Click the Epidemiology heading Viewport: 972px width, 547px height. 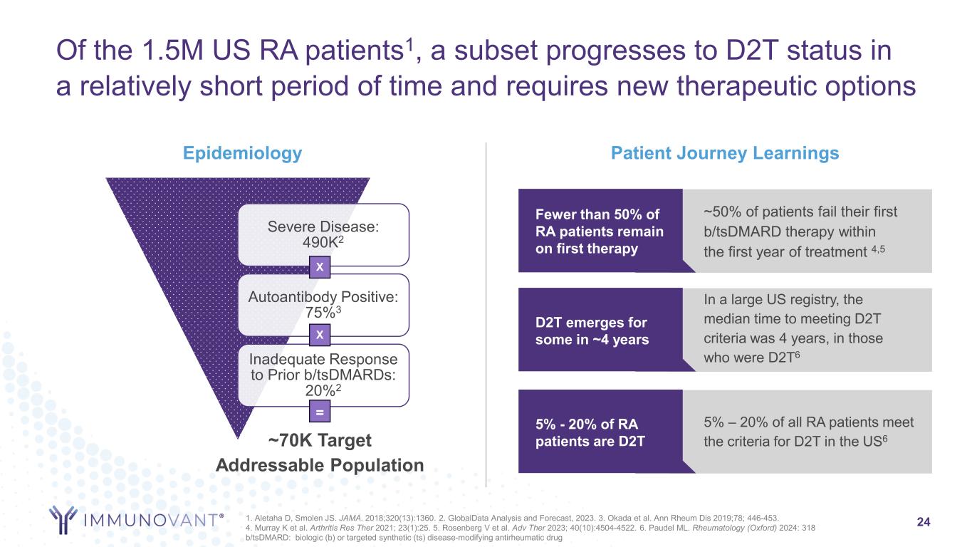pos(242,154)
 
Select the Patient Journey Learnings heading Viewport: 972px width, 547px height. pos(725,153)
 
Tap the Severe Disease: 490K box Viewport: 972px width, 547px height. pos(323,234)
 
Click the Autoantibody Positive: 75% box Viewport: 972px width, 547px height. pos(323,305)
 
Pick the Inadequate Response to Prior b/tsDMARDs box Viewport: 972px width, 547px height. pos(323,375)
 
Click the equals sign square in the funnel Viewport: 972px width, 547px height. pos(320,412)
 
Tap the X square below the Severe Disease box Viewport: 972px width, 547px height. pos(320,267)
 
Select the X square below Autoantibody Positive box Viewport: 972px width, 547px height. pos(320,335)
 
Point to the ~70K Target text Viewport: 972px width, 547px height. pos(320,440)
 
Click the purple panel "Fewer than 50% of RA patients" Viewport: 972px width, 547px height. pos(600,231)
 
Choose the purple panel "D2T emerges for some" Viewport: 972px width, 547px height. pos(600,330)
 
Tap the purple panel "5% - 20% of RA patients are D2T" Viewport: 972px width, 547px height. pos(600,431)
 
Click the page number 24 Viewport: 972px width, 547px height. pos(924,522)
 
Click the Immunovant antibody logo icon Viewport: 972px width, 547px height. pos(63,519)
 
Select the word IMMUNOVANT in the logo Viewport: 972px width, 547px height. pos(150,520)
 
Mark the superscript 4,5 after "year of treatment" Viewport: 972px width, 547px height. pos(878,249)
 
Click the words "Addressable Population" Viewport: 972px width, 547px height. pos(320,465)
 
